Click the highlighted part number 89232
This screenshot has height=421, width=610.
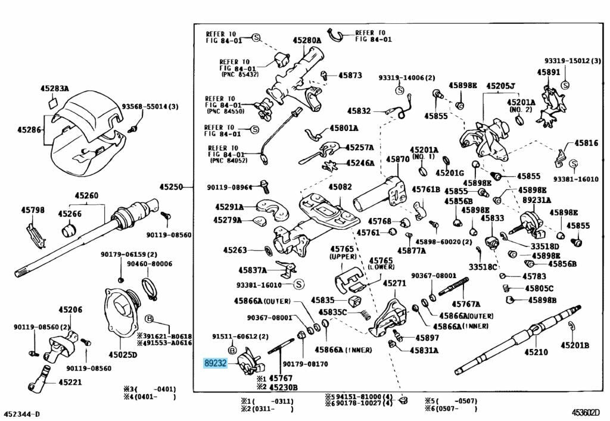pos(215,363)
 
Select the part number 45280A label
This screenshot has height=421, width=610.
pos(307,41)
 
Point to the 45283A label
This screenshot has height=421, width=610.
pos(54,89)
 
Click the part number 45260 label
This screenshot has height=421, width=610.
pos(86,195)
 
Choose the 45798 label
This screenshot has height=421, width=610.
pos(33,210)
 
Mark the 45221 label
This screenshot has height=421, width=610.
pos(70,382)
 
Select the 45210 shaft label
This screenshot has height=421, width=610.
pos(536,353)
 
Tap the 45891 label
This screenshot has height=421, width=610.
pos(548,72)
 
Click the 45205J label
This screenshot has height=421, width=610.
pos(500,86)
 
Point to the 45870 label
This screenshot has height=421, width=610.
pos(397,160)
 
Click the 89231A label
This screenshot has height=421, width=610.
pos(537,201)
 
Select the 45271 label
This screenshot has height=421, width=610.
pos(394,283)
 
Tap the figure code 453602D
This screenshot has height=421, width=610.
pos(586,412)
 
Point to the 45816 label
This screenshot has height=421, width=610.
pos(586,144)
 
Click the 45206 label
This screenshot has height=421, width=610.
pos(70,310)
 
